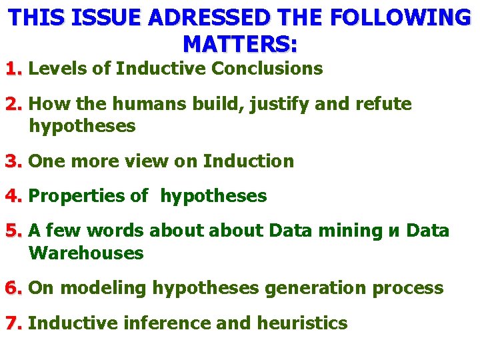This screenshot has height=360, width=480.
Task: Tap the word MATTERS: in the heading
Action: [240, 43]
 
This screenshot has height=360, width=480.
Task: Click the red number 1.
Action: [13, 68]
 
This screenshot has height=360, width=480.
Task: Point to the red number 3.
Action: [13, 161]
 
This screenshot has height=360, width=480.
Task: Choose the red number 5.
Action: [13, 231]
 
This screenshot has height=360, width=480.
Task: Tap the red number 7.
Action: [13, 323]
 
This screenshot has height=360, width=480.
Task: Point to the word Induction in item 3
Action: [249, 161]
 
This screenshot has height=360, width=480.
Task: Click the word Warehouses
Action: [87, 253]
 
